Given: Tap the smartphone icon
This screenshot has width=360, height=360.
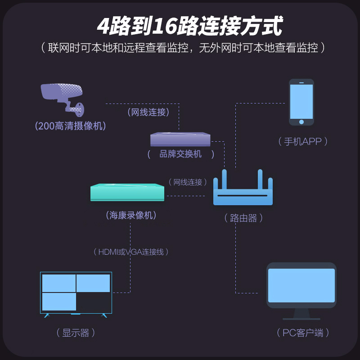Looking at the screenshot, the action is tap(301, 102).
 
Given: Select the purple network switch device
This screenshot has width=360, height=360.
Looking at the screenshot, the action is tap(180, 139).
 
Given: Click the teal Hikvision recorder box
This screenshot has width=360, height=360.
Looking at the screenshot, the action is tap(127, 192).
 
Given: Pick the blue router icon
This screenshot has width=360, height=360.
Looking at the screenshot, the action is tap(243, 189).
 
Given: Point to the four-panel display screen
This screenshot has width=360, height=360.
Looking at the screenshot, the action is tap(76, 293).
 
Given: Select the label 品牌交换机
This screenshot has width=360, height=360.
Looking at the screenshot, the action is tap(181, 154).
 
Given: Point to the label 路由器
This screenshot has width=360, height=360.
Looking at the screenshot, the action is tap(243, 218).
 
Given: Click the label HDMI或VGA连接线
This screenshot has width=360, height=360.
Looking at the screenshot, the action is tap(130, 252).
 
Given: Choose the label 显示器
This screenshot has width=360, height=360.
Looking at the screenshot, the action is tap(76, 333).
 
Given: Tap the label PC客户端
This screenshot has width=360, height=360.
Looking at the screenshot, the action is tap(303, 333).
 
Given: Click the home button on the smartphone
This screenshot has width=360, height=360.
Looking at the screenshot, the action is tap(301, 121).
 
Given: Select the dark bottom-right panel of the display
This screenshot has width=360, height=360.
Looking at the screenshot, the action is tap(93, 301).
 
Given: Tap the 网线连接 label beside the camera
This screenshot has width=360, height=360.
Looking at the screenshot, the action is tap(148, 112).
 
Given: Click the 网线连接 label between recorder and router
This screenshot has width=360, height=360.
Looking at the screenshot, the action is tap(188, 182).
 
